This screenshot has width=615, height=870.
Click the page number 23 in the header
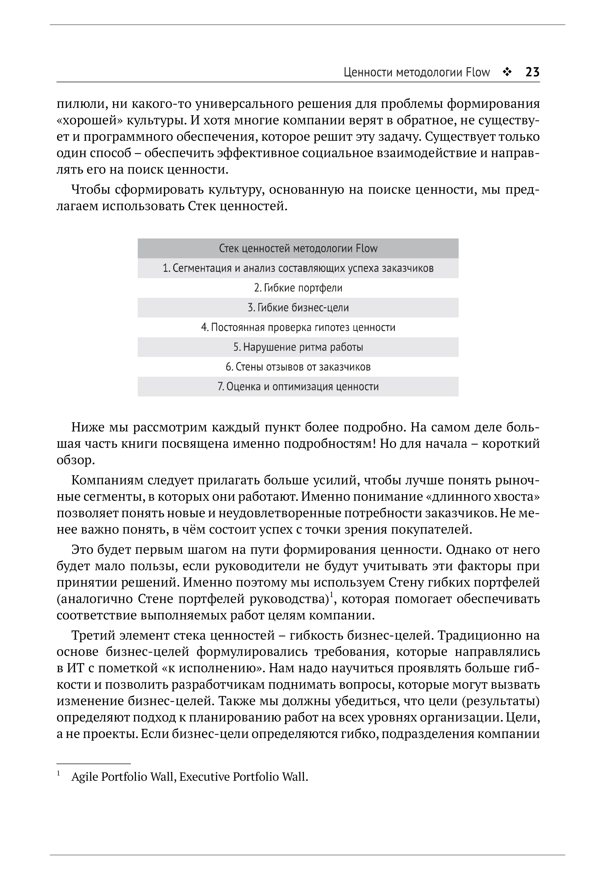click(x=532, y=72)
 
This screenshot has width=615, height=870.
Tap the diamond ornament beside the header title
click(x=507, y=72)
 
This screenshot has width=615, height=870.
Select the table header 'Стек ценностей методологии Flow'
click(x=298, y=249)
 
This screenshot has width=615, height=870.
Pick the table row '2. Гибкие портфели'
click(x=298, y=288)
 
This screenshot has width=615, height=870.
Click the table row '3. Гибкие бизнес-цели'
click(x=298, y=308)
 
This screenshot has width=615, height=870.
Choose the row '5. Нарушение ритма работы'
click(x=298, y=347)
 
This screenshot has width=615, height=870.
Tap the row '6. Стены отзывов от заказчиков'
click(x=298, y=367)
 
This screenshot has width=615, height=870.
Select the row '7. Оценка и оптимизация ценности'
click(x=298, y=386)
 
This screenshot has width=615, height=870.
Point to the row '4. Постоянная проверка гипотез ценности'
click(x=298, y=327)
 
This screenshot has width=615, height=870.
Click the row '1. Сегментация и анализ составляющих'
click(x=298, y=268)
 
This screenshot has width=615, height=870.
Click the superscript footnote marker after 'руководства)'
click(x=331, y=595)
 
